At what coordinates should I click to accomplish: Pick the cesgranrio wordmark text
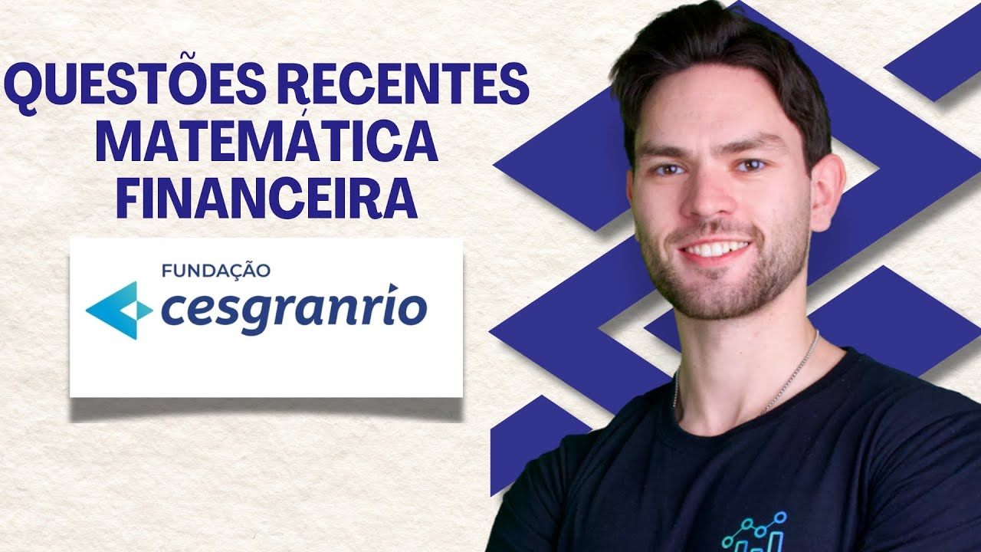pyautogui.click(x=294, y=310)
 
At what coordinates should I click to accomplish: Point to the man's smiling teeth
pyautogui.click(x=717, y=249)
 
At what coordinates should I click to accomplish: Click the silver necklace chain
pyautogui.click(x=789, y=383)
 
